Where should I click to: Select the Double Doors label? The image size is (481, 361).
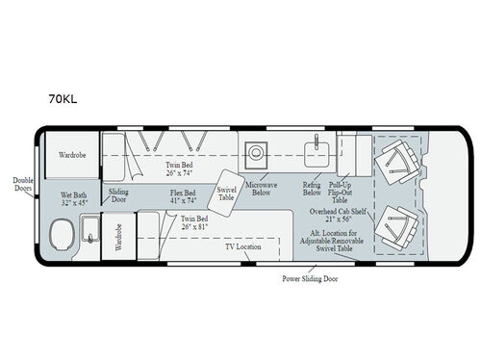pyautogui.click(x=21, y=185)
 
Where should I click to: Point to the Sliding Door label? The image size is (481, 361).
pyautogui.click(x=118, y=197)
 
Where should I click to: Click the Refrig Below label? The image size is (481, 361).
pyautogui.click(x=310, y=188)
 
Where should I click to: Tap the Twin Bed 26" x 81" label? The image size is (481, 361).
pyautogui.click(x=198, y=223)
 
